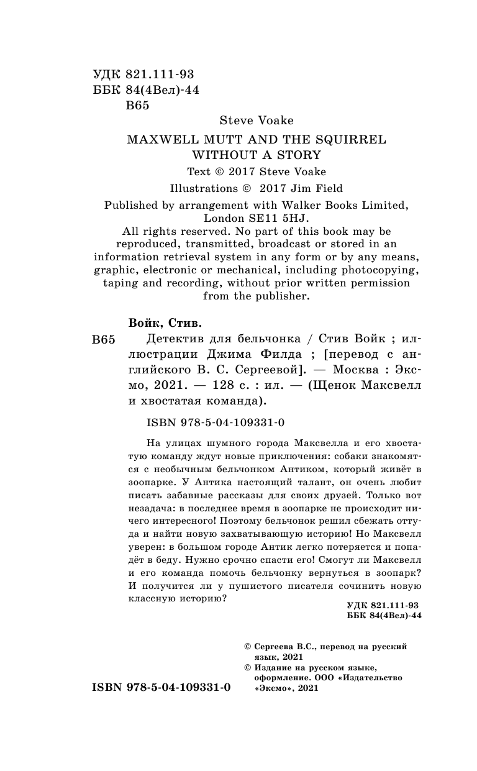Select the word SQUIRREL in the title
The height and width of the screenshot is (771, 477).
click(352, 140)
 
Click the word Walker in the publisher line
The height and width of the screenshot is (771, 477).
click(300, 204)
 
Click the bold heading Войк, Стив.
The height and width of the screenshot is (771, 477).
click(165, 323)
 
